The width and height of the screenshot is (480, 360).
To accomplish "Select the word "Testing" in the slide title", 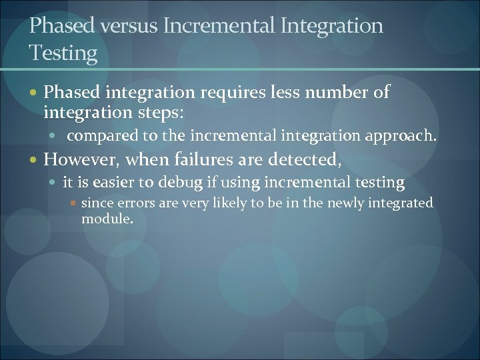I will [x=63, y=53].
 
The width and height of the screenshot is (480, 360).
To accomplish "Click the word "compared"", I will [x=103, y=136].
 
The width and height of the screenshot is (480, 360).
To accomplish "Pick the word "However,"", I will [x=81, y=159].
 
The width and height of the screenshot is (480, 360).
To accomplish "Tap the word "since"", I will [x=97, y=203].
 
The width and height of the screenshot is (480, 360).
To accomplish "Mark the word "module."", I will [x=107, y=218].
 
